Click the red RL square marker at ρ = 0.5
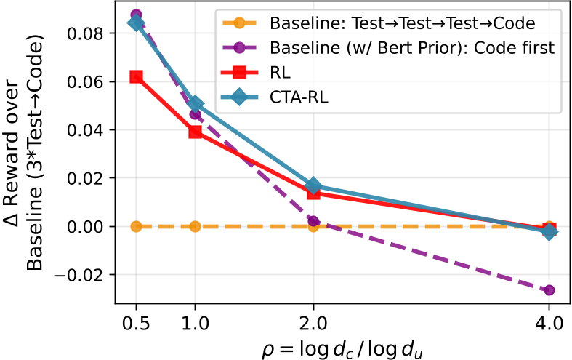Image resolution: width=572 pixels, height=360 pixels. [x=136, y=76]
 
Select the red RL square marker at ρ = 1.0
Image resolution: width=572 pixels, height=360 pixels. [x=195, y=132]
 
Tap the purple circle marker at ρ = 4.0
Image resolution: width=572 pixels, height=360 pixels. [x=549, y=290]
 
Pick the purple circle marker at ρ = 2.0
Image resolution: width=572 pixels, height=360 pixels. [x=313, y=221]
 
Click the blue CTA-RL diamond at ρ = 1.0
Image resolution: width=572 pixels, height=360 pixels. [x=195, y=104]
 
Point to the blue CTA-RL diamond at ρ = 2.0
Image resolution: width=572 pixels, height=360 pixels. [x=313, y=186]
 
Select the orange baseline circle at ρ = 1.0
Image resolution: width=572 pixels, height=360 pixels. [x=195, y=226]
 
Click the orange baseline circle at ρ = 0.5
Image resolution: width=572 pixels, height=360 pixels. [x=136, y=226]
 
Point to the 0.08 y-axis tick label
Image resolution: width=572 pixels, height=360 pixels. [x=86, y=33]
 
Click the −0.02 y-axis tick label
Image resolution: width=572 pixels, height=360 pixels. [x=81, y=275]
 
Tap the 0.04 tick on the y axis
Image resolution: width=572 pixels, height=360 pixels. [x=86, y=130]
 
